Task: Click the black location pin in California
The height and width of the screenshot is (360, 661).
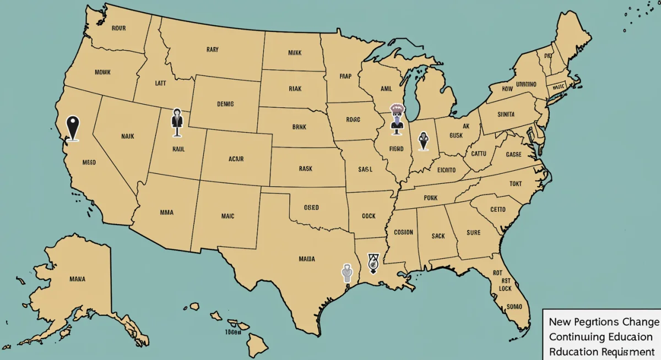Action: [x=73, y=128]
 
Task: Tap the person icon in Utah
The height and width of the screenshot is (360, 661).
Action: [x=177, y=122]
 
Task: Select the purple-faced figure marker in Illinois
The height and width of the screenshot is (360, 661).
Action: [x=396, y=119]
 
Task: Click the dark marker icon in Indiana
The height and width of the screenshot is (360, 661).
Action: [x=423, y=141]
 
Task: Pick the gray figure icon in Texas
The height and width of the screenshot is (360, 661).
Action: [x=346, y=273]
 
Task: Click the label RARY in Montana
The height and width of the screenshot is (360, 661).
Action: [x=212, y=50]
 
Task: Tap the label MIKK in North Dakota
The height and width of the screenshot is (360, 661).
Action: [x=295, y=53]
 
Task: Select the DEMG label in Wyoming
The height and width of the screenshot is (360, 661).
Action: [x=225, y=103]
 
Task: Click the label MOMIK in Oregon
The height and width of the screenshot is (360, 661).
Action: [x=102, y=72]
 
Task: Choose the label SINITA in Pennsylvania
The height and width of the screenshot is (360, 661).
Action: [x=506, y=114]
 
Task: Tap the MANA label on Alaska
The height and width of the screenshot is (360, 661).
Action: [x=77, y=279]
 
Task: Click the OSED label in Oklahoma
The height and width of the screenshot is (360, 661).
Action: [x=311, y=208]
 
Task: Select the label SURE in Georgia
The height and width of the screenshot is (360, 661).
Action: [x=473, y=232]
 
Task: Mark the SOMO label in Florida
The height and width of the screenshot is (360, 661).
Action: [x=514, y=306]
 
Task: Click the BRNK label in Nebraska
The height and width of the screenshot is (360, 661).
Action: [x=300, y=126]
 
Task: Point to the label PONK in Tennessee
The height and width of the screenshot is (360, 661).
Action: [x=431, y=198]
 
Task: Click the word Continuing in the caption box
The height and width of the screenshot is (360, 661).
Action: [x=573, y=336]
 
